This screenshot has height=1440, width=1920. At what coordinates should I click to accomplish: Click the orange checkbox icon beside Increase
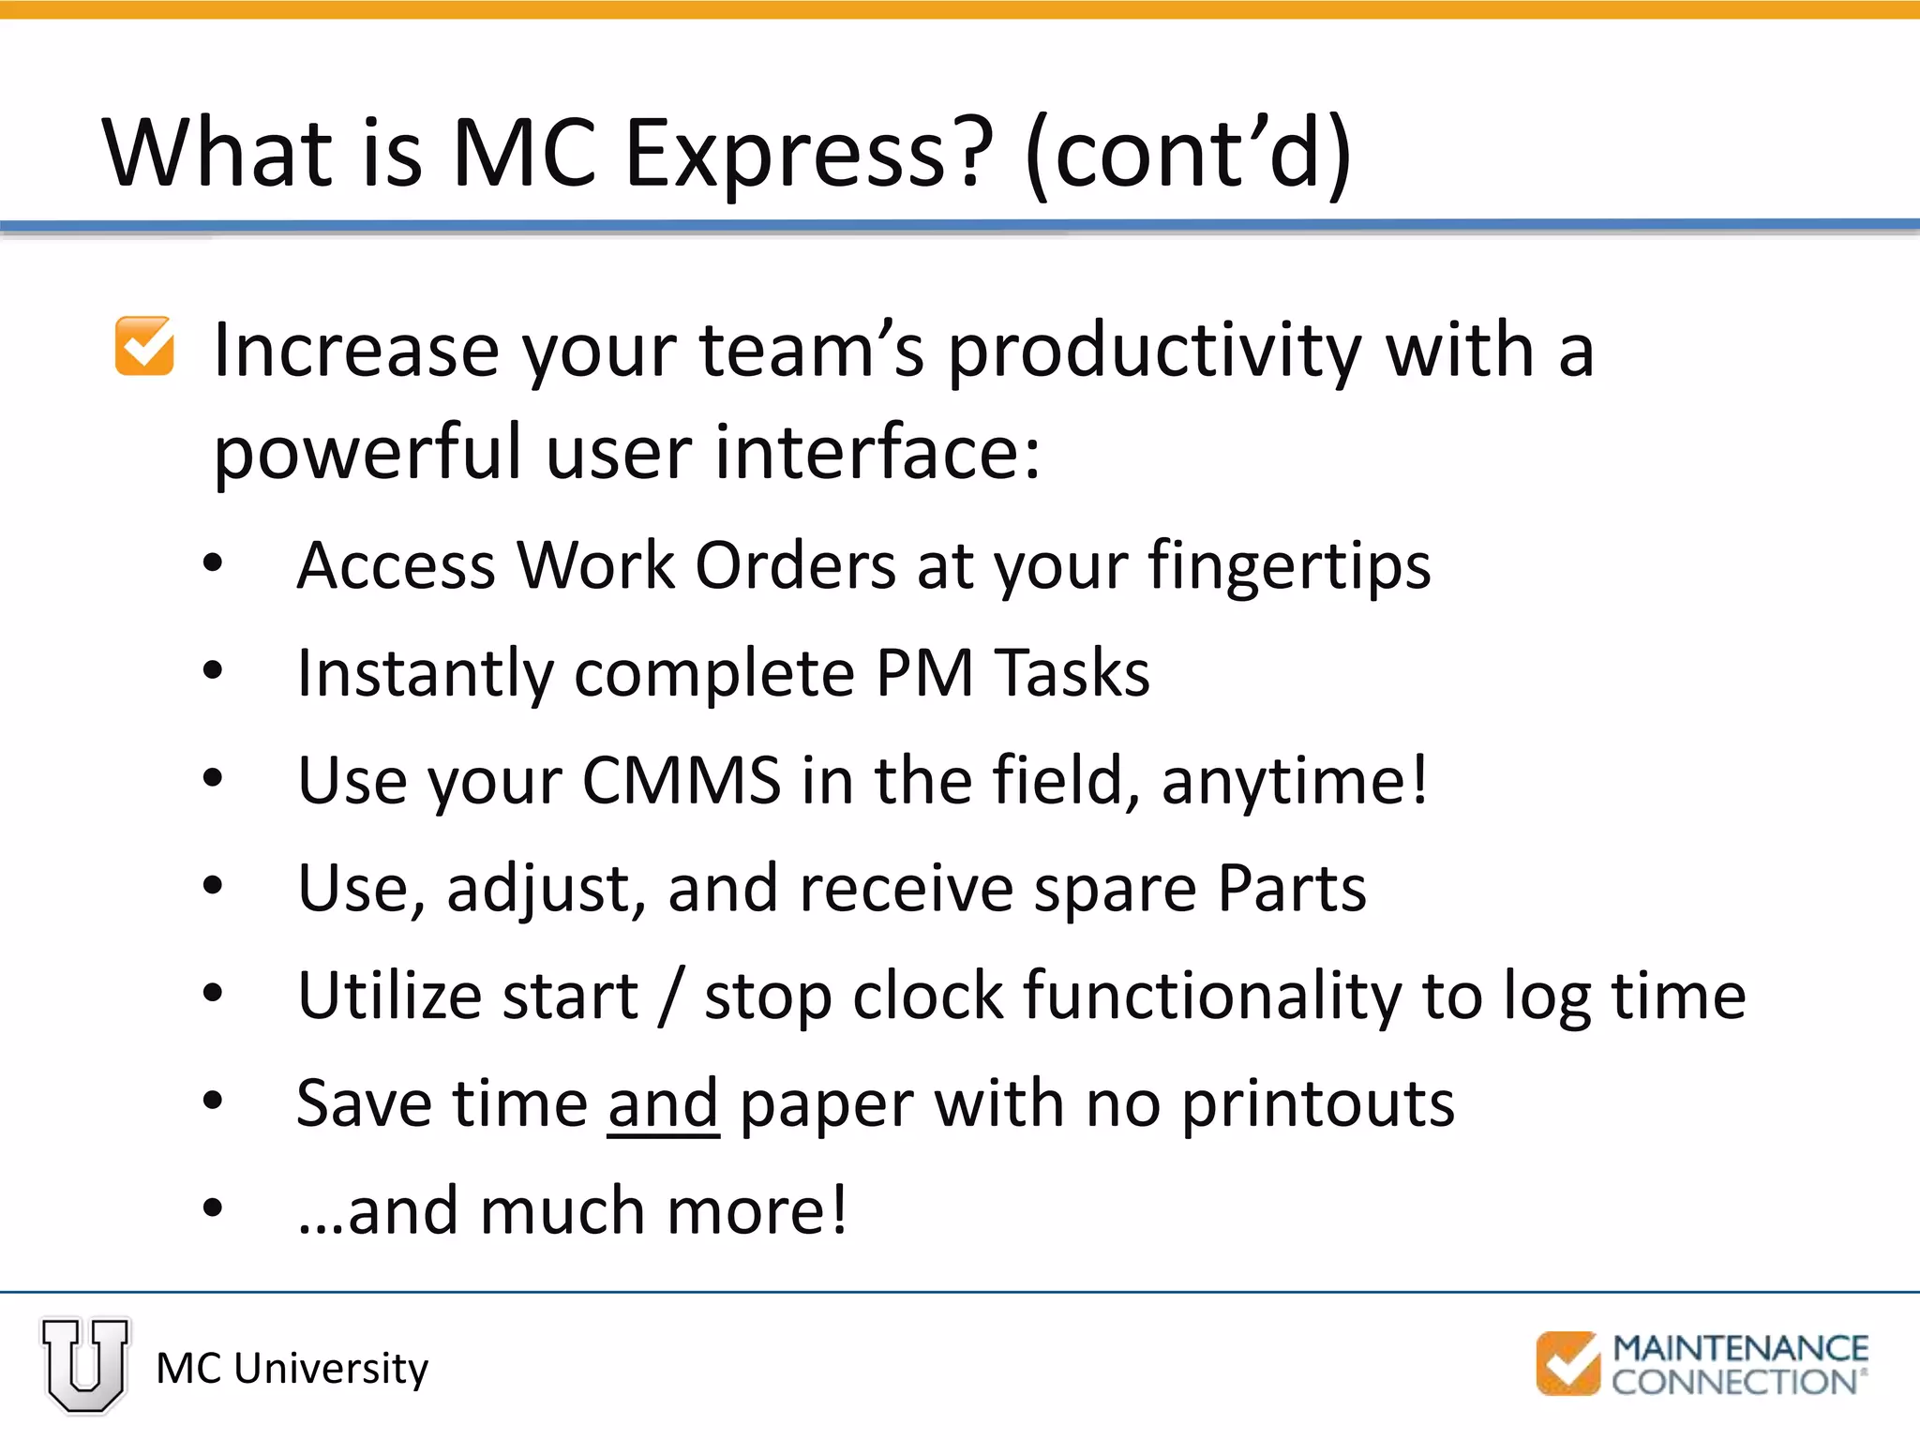click(x=144, y=346)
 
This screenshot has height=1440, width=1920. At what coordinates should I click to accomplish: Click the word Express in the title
click(x=807, y=153)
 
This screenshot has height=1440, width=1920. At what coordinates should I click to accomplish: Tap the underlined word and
click(x=663, y=1103)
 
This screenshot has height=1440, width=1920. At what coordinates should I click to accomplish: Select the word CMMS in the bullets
click(x=682, y=781)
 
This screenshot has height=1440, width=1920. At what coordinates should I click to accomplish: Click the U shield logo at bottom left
click(x=85, y=1365)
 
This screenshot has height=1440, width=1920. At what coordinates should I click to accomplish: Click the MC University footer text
click(x=292, y=1369)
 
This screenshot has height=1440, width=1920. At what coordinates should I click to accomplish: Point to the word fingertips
click(x=1289, y=567)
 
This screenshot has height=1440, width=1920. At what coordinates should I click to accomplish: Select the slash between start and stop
click(x=670, y=997)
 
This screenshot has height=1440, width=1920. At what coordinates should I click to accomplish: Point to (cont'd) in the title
click(x=1189, y=153)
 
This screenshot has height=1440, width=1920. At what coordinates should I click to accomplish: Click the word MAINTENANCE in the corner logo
click(x=1740, y=1348)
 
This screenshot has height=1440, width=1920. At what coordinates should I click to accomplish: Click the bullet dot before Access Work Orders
click(x=213, y=563)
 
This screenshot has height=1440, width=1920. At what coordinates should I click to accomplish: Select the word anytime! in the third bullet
click(x=1295, y=781)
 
